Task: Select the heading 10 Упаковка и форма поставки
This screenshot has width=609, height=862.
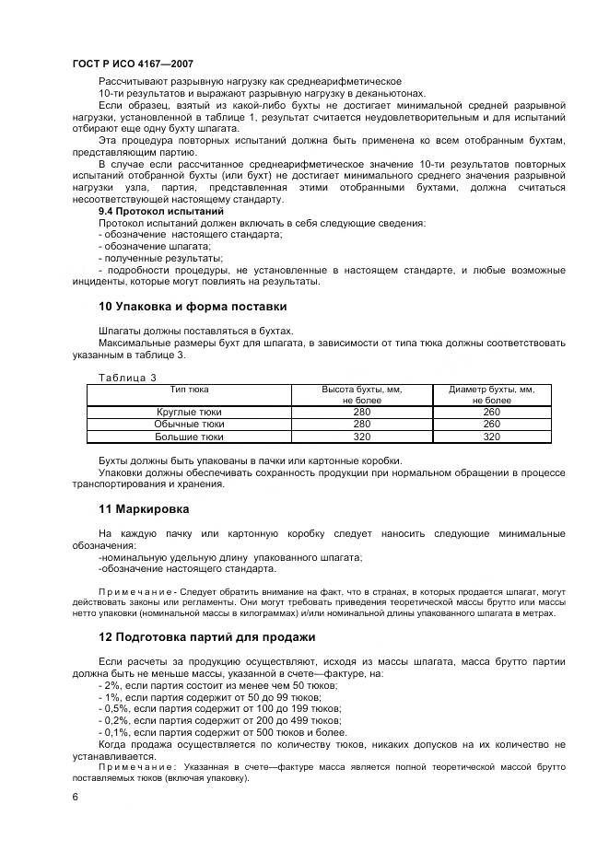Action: [x=192, y=306]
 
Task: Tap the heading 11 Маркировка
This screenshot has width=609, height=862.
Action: [x=144, y=508]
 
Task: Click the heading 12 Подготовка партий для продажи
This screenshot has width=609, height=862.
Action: [x=206, y=637]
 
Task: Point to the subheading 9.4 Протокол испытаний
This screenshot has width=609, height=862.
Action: [x=161, y=211]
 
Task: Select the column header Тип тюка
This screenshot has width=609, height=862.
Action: [x=190, y=390]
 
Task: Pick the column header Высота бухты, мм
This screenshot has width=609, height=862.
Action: [x=363, y=390]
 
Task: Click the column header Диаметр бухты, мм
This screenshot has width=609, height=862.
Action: [x=491, y=390]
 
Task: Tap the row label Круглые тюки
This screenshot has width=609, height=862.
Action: [x=190, y=412]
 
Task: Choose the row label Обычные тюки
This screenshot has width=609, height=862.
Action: [x=190, y=425]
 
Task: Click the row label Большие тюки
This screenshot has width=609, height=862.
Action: [x=190, y=437]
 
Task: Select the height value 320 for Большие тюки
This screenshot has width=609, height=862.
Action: [x=363, y=437]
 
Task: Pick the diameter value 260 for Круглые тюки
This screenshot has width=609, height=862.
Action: [x=491, y=412]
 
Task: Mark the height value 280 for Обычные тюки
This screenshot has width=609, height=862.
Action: [x=363, y=425]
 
